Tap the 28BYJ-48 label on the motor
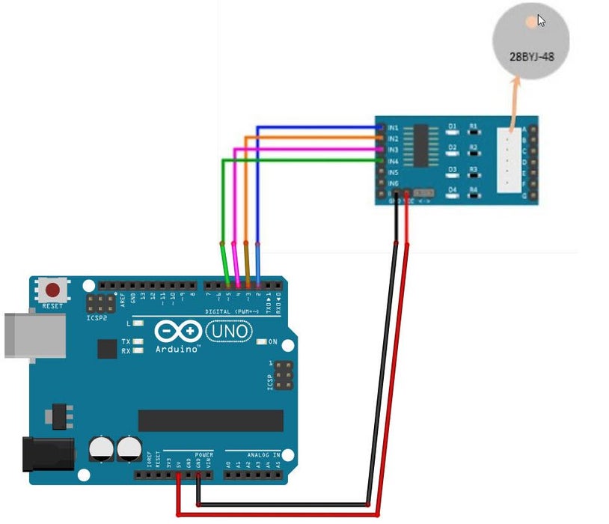[531, 55]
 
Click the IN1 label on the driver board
[393, 128]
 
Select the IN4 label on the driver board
[393, 161]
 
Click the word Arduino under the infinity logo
[177, 349]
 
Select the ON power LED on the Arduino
[261, 341]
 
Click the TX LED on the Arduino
[137, 341]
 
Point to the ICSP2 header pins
[97, 303]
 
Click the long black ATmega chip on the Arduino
[210, 421]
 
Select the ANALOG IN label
[263, 454]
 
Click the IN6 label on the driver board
[393, 183]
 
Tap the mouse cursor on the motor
[541, 20]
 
